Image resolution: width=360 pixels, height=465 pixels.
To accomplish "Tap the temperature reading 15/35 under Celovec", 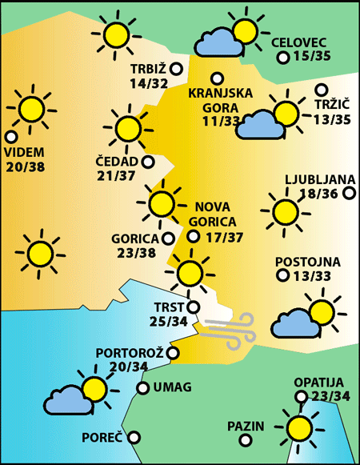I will (312, 57).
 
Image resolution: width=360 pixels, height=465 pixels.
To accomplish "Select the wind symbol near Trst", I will (229, 330).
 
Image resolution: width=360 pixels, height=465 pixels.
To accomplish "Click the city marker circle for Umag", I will (142, 388).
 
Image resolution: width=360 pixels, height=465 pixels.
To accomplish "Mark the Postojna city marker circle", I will (282, 275).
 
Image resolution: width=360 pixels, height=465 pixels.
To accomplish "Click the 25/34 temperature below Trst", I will (169, 322).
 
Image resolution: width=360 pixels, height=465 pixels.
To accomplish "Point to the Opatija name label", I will (318, 383).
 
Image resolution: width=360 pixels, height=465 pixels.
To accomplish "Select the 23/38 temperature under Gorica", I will (135, 252).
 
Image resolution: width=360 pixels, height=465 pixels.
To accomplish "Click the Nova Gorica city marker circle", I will (193, 236).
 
